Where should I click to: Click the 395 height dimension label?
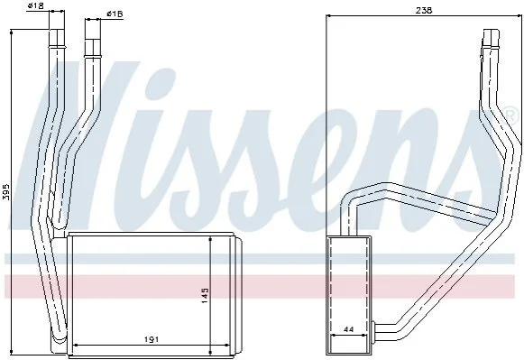tap(5, 192)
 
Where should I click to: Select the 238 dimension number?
tap(424, 10)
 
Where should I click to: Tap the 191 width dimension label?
tap(151, 339)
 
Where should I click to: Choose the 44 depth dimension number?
tap(348, 329)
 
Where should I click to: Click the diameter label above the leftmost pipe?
tap(36, 5)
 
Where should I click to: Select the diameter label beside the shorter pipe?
tap(115, 14)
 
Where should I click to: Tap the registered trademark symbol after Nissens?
tap(510, 114)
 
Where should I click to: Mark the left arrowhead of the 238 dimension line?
tap(328, 15)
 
